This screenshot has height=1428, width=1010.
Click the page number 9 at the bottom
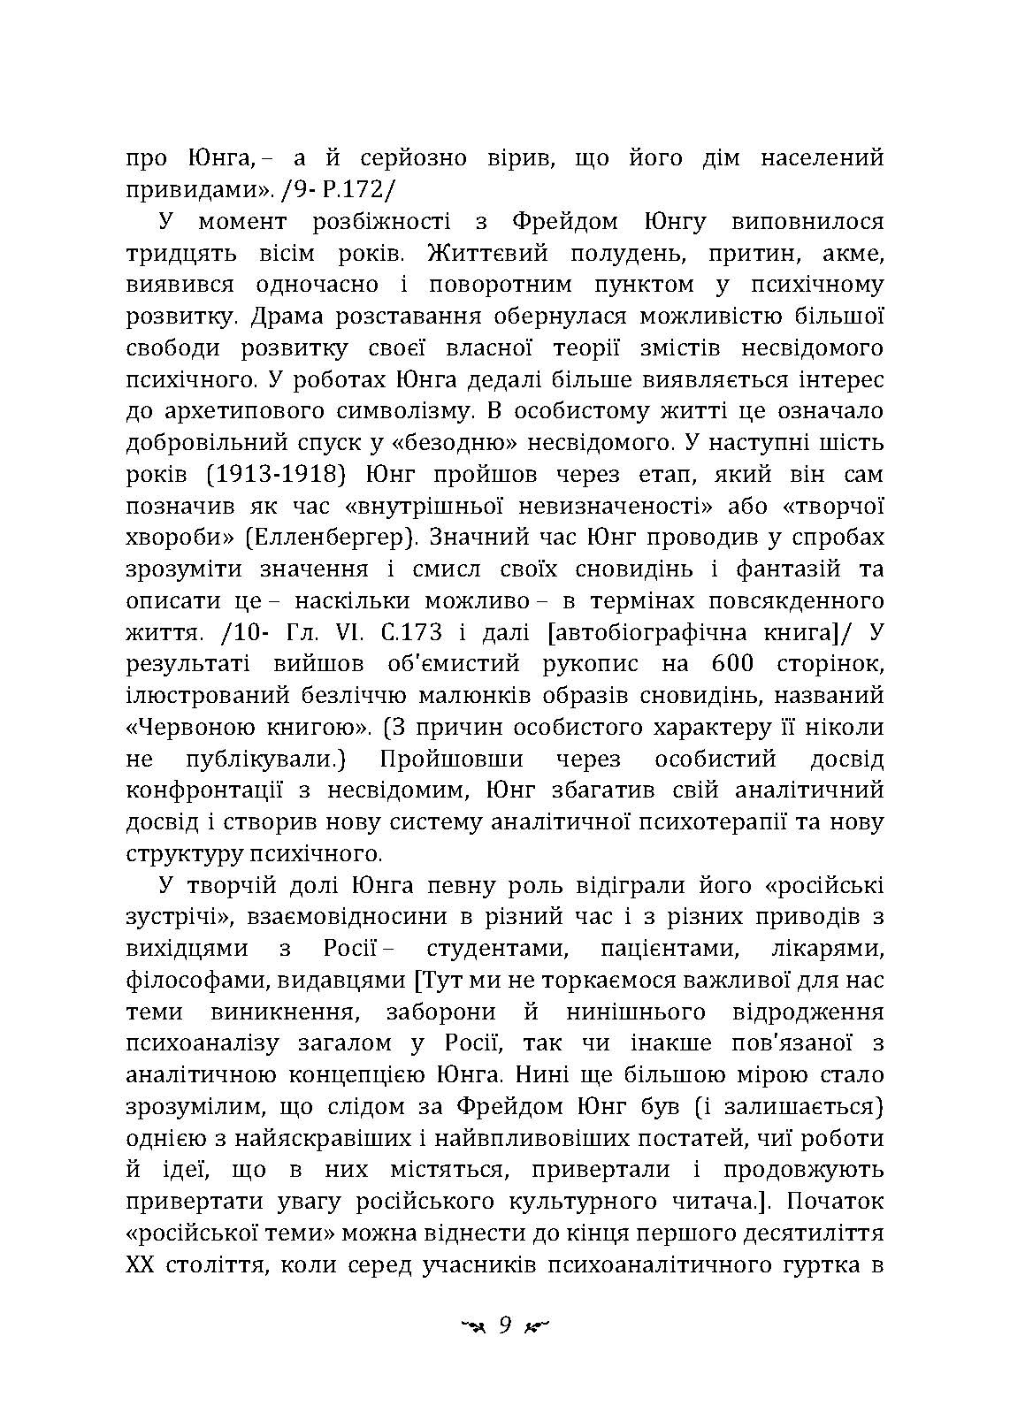pyautogui.click(x=505, y=1325)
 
